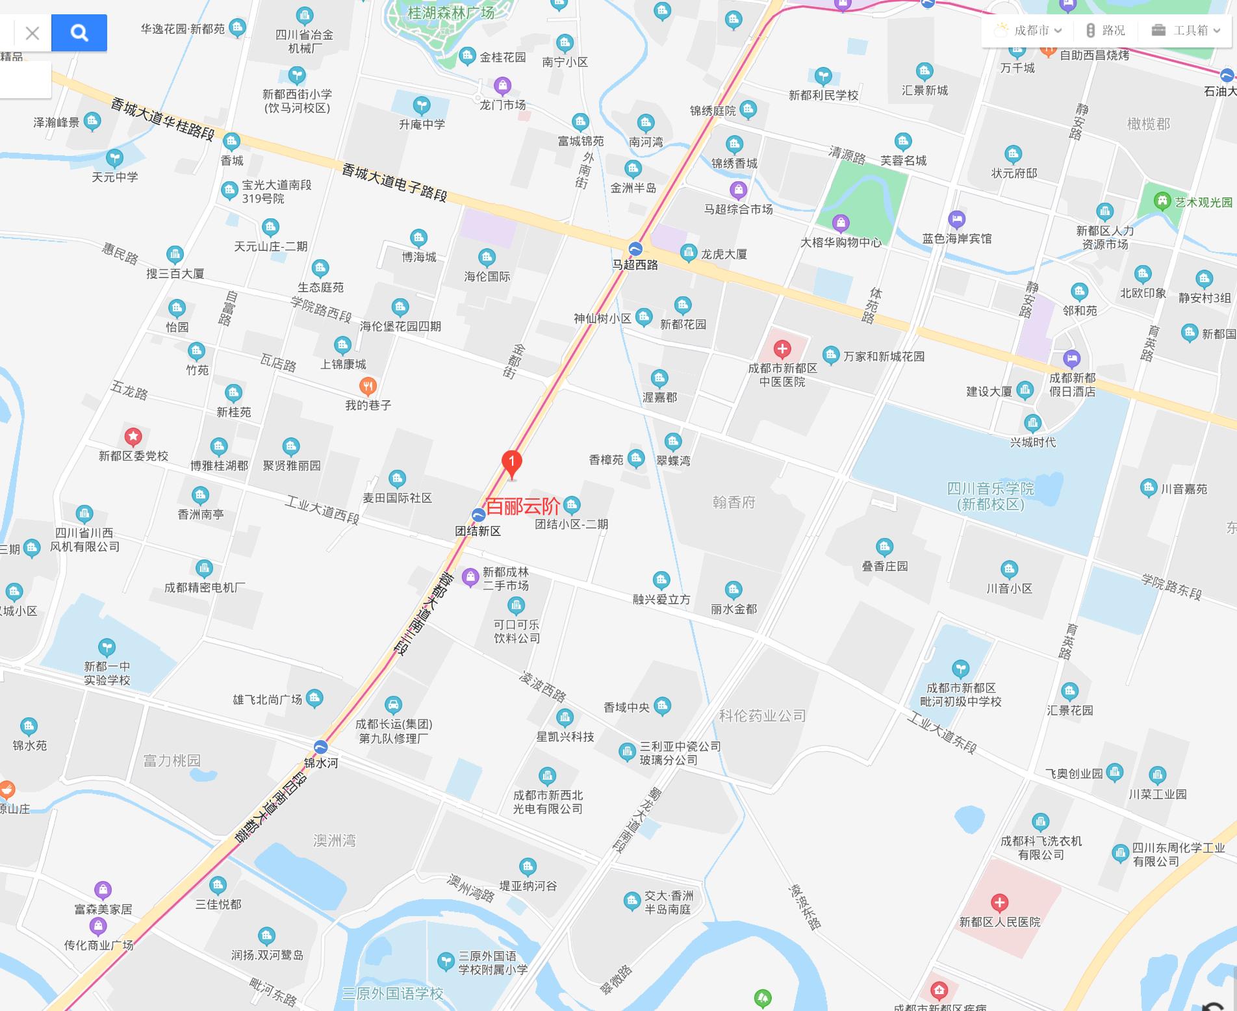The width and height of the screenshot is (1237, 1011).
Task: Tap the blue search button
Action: pyautogui.click(x=79, y=32)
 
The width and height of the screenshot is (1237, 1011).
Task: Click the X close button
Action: pyautogui.click(x=32, y=32)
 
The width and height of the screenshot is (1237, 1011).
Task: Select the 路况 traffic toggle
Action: pyautogui.click(x=1106, y=31)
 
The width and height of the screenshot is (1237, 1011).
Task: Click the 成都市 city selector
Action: pyautogui.click(x=1029, y=31)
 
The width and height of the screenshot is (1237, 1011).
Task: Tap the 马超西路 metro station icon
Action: pyautogui.click(x=635, y=249)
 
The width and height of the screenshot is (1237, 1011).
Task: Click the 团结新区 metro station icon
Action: pyautogui.click(x=478, y=515)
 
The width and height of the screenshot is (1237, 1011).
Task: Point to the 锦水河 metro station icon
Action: pyautogui.click(x=321, y=747)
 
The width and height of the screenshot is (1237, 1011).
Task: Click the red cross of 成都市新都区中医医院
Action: pyautogui.click(x=782, y=349)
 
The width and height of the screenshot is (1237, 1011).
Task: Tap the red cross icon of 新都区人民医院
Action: pyautogui.click(x=999, y=902)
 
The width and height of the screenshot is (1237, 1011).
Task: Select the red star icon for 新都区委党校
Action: pyautogui.click(x=133, y=436)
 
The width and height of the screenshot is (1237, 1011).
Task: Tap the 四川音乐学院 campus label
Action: pyautogui.click(x=990, y=496)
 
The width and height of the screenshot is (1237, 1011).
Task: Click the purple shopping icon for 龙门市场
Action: pyautogui.click(x=502, y=85)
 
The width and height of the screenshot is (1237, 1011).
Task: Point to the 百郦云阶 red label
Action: pyautogui.click(x=523, y=505)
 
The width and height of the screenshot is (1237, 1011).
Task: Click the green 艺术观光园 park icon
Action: pyautogui.click(x=1162, y=201)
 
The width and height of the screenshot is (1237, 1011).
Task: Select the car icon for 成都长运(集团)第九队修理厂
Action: pyautogui.click(x=393, y=705)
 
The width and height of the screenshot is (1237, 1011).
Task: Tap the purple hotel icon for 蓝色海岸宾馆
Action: pyautogui.click(x=956, y=219)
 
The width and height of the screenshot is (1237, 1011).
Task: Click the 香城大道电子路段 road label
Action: pyautogui.click(x=394, y=183)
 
